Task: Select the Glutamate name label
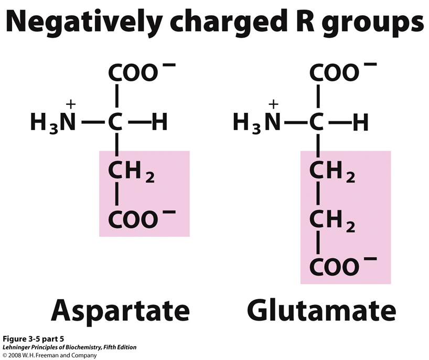coord(321,310)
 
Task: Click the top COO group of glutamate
coord(335,73)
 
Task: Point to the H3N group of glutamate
coord(255,123)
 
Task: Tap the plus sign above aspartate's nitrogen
coord(71,104)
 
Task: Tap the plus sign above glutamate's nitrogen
coord(273,104)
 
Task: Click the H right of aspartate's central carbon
coord(159,123)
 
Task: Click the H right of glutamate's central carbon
coord(361,123)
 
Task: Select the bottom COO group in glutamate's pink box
coord(335,267)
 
